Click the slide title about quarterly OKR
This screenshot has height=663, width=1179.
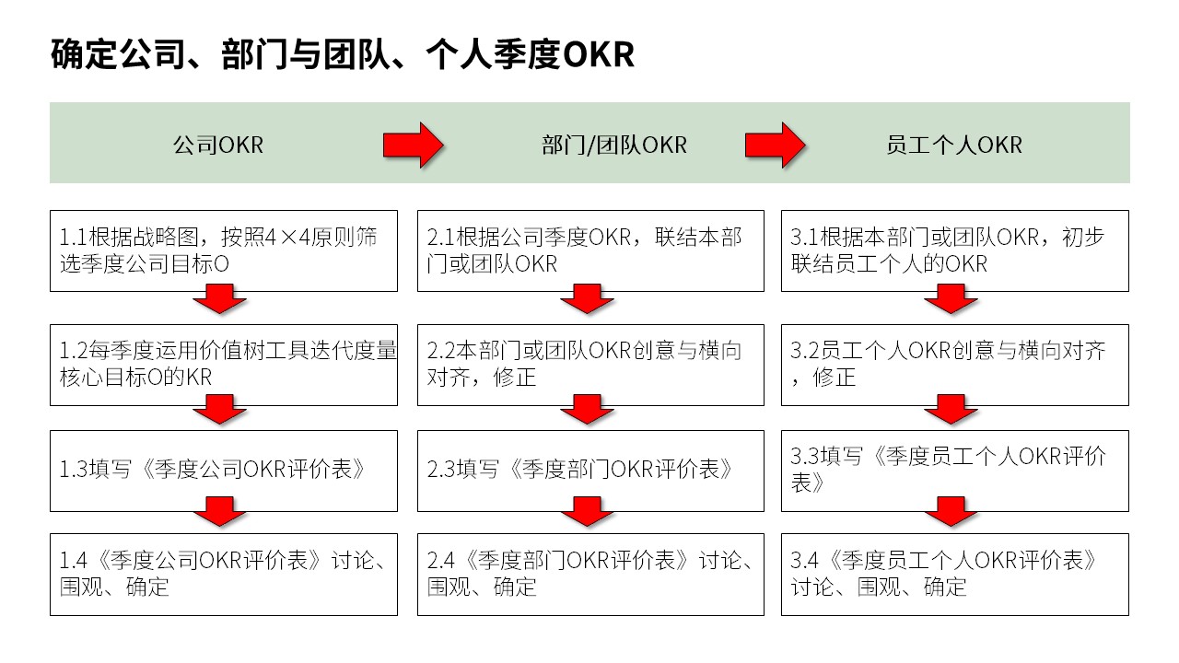tap(343, 54)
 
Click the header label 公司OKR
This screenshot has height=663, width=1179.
tap(218, 145)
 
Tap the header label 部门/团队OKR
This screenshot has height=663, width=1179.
tap(614, 145)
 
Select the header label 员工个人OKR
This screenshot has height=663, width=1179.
tap(954, 145)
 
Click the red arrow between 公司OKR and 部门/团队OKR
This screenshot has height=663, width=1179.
tap(414, 145)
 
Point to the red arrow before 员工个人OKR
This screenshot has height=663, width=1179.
tap(776, 145)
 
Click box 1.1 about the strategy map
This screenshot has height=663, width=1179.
tap(224, 251)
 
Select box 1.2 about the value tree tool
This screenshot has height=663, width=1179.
tap(224, 365)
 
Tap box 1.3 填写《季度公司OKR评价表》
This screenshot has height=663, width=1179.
tap(224, 471)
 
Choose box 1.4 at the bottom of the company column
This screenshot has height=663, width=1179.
tap(224, 575)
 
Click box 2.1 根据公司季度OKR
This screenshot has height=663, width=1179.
tap(590, 251)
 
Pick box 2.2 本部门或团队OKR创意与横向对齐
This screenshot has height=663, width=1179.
tap(590, 365)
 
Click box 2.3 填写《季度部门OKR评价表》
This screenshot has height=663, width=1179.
tap(590, 471)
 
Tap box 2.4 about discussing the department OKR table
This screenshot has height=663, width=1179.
tap(590, 575)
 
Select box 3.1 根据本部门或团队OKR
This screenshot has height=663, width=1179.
tap(955, 251)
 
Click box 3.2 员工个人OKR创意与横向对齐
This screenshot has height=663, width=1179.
tap(955, 365)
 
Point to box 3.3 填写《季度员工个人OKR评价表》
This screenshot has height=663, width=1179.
tap(955, 471)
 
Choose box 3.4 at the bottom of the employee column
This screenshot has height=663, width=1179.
tap(955, 575)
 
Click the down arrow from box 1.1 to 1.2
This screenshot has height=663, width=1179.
tap(219, 299)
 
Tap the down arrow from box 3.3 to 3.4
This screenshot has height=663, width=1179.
tap(951, 511)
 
